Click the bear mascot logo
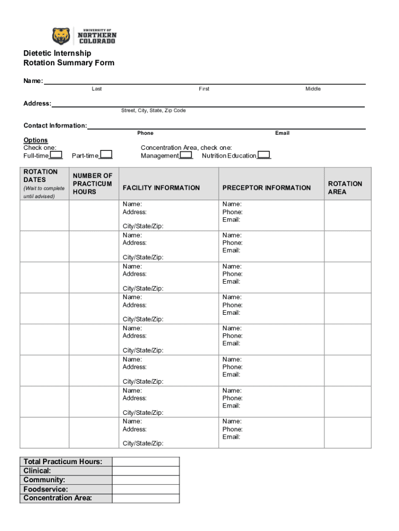61,36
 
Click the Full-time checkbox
56,155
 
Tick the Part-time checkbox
106,155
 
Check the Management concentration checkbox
187,155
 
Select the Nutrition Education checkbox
264,155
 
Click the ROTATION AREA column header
345,188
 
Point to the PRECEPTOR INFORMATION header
266,188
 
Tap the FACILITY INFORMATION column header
161,188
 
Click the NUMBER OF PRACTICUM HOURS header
92,184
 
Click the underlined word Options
35,140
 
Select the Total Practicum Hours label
63,462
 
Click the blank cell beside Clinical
146,471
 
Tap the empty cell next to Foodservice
146,489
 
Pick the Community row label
44,480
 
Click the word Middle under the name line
313,89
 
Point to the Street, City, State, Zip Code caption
153,110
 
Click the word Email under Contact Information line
282,133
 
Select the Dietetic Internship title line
57,53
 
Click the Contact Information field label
55,125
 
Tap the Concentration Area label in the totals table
58,498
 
